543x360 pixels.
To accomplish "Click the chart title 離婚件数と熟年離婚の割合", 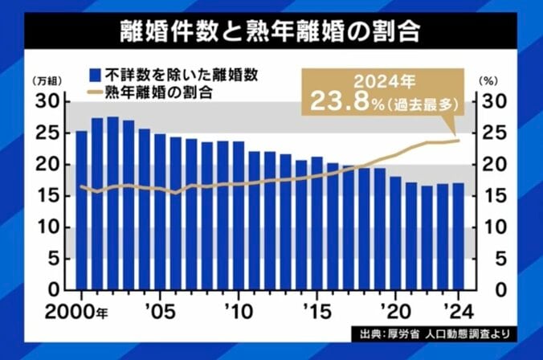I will coord(271,35).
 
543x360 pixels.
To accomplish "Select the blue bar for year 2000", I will coord(81,210).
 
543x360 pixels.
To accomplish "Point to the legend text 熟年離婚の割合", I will coord(153,92).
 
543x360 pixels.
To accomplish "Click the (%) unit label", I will coord(488,81).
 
